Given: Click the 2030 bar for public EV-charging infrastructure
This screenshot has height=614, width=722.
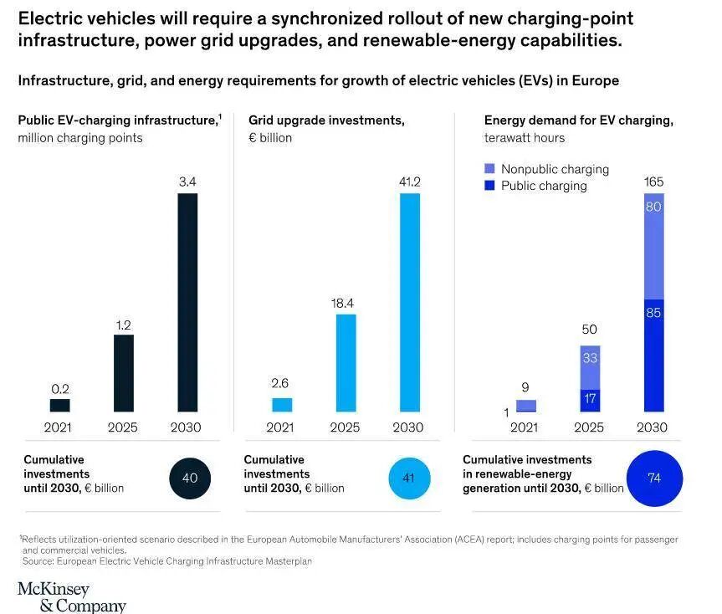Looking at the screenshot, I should click(187, 302).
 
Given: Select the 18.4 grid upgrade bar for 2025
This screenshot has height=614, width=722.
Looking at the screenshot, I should click(345, 362).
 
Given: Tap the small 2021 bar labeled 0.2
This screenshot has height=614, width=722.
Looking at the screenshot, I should click(60, 405).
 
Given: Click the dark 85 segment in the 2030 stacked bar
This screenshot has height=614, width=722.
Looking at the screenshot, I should click(654, 355).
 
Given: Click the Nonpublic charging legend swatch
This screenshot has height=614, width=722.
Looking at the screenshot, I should click(490, 169).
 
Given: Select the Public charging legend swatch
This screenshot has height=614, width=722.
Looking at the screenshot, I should click(490, 186).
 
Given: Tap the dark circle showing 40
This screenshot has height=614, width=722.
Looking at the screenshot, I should click(189, 478).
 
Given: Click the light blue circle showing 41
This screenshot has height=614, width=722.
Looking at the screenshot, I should click(409, 478).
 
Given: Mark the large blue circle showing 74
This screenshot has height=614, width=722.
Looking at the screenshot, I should click(654, 478).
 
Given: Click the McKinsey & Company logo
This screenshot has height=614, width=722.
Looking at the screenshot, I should click(71, 596).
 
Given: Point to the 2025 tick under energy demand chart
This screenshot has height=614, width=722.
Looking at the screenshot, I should click(590, 427).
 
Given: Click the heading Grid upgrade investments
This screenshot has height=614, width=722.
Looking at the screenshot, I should click(326, 120).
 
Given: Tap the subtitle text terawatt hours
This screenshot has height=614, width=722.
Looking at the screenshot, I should click(524, 137).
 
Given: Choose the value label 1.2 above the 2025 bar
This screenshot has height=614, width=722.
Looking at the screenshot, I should click(123, 325).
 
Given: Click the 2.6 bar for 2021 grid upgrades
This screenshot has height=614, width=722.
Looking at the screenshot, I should click(282, 405).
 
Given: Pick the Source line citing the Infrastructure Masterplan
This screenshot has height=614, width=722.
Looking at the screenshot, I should click(167, 561).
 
